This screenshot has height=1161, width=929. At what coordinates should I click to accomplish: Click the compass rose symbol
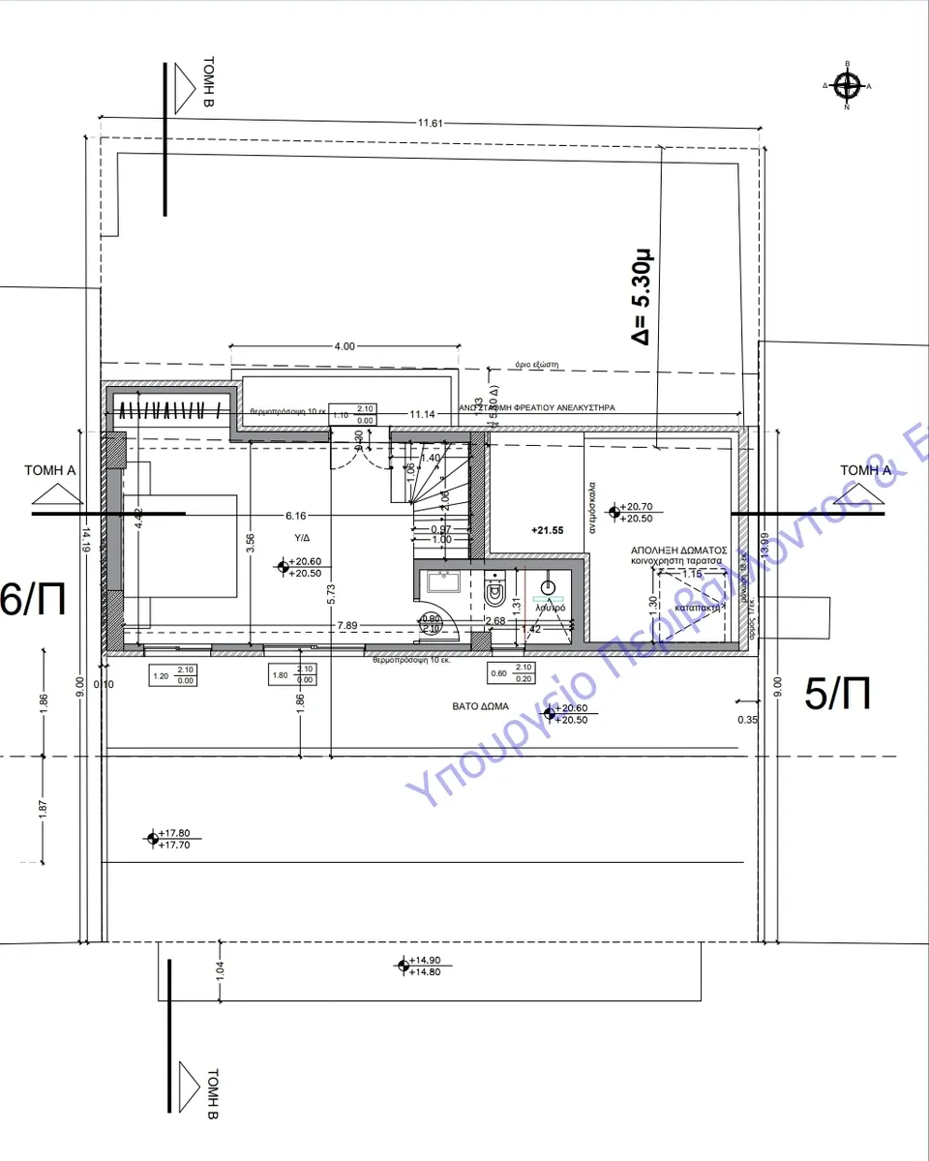pyautogui.click(x=848, y=86)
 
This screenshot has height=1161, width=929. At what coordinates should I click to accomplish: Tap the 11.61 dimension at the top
pyautogui.click(x=431, y=123)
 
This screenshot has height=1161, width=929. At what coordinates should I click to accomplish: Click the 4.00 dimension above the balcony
pyautogui.click(x=344, y=346)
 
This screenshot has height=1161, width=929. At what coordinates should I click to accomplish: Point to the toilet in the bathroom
pyautogui.click(x=495, y=587)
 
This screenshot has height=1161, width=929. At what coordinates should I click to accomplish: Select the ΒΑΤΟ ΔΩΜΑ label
pyautogui.click(x=481, y=706)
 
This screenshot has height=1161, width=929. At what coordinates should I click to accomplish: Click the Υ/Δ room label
pyautogui.click(x=303, y=537)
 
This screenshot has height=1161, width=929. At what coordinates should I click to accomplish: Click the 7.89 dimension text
pyautogui.click(x=347, y=626)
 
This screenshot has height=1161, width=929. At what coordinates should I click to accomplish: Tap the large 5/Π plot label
pyautogui.click(x=838, y=695)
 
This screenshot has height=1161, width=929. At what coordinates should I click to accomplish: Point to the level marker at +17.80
pyautogui.click(x=152, y=838)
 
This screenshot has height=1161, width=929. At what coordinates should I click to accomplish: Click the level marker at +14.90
pyautogui.click(x=403, y=965)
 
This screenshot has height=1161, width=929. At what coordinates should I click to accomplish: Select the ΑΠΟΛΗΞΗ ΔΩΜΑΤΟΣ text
pyautogui.click(x=678, y=549)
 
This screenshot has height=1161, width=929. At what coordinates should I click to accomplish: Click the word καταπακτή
pyautogui.click(x=696, y=608)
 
